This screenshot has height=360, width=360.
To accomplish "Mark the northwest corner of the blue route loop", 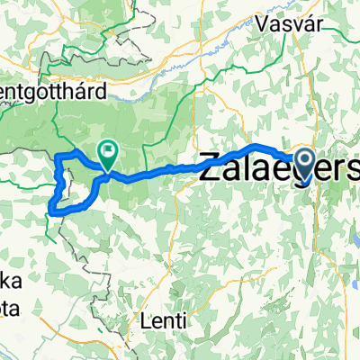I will click(x=58, y=158).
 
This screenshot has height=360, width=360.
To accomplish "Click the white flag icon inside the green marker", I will click(x=108, y=152).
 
